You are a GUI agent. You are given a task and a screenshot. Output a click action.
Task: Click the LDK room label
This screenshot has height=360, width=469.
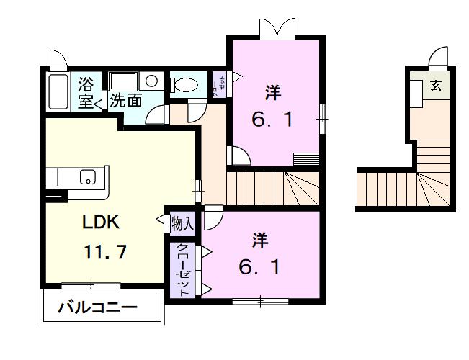point(101,222)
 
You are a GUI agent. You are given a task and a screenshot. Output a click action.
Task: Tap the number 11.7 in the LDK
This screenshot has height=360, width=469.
point(105,252)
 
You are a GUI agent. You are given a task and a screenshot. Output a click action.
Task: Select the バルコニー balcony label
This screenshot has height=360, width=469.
point(98,307)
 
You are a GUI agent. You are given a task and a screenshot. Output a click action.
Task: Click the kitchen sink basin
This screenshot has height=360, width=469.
point(88,177)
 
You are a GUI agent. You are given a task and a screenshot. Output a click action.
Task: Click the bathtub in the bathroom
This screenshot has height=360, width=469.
point(58,91)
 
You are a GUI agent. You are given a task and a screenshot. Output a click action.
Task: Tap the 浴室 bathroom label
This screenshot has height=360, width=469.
point(86,93)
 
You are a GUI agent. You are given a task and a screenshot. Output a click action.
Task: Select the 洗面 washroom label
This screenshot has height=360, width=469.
point(125,101)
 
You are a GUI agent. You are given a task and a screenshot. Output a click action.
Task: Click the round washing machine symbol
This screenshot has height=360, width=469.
point(152,81)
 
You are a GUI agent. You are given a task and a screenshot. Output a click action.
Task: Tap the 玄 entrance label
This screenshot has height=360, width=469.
point(436,86)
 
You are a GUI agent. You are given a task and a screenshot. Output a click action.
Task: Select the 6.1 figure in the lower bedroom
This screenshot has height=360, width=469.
point(259,267)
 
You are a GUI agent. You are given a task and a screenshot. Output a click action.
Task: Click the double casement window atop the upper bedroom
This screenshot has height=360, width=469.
point(277,29)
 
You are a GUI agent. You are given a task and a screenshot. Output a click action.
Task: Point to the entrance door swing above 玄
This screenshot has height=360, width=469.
point(439,58)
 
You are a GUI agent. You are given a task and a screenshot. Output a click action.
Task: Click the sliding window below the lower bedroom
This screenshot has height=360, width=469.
point(260,302)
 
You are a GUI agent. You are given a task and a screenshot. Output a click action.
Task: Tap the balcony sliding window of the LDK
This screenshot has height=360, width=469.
point(91,286)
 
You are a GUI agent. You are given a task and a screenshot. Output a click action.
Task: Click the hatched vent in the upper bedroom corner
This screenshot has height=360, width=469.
point(306,158)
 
